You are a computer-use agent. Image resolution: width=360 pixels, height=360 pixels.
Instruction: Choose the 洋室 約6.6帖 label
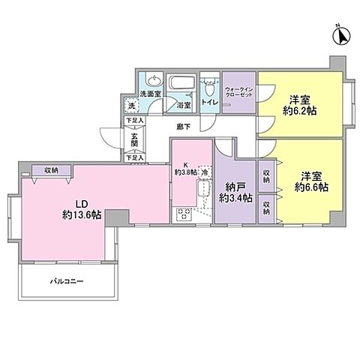tap(310, 181)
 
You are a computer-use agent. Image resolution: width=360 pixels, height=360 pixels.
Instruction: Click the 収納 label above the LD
tap(51, 171)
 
